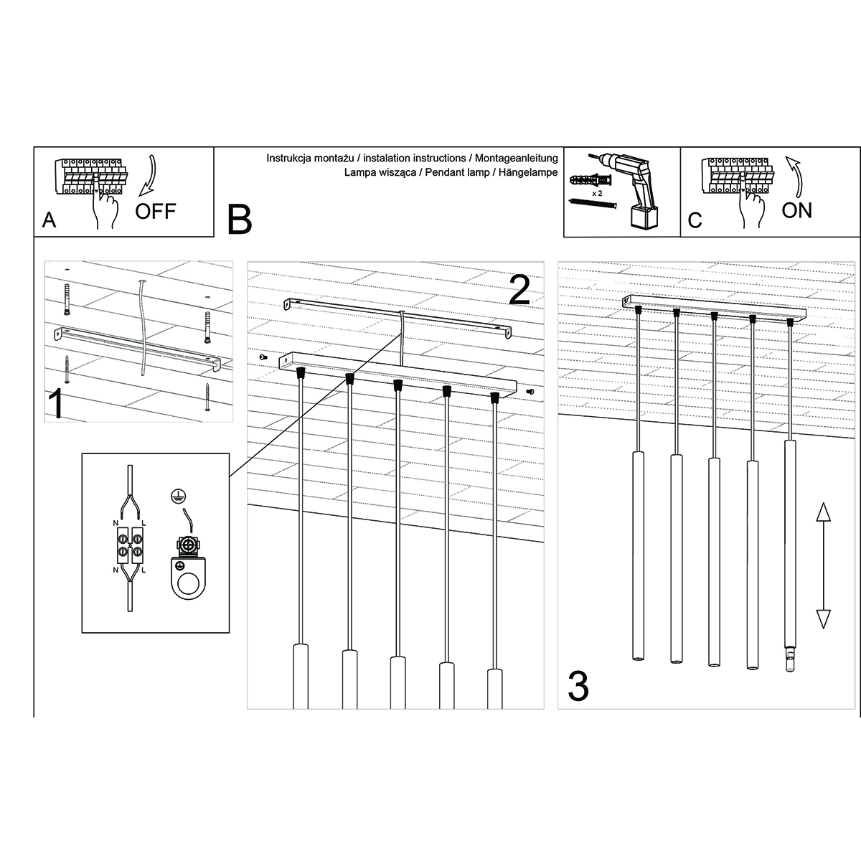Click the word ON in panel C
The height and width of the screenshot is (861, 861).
(796, 210)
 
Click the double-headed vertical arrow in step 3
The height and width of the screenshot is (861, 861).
(824, 565)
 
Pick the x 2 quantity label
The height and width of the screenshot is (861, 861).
(596, 194)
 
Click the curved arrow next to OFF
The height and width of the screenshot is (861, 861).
(149, 174)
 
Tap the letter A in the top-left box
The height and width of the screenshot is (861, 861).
(50, 220)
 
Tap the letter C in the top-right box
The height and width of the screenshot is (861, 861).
(695, 220)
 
